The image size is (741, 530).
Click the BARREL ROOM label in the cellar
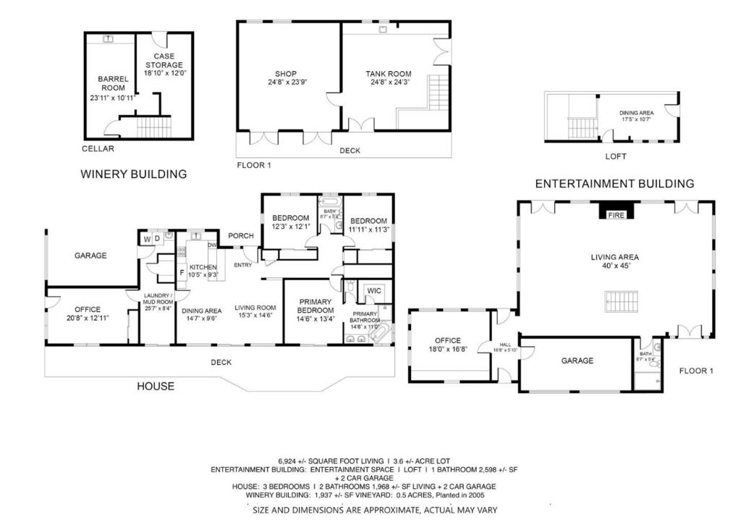[114, 83]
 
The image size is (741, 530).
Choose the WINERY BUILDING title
[133, 174]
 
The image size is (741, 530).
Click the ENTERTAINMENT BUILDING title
[614, 184]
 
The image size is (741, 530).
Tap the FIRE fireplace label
[616, 215]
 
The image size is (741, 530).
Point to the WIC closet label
[374, 291]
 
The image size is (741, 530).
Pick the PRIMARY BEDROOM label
[313, 306]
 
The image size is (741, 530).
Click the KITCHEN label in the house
[203, 268]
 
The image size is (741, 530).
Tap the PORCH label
[240, 235]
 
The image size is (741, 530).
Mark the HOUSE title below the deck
[156, 387]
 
